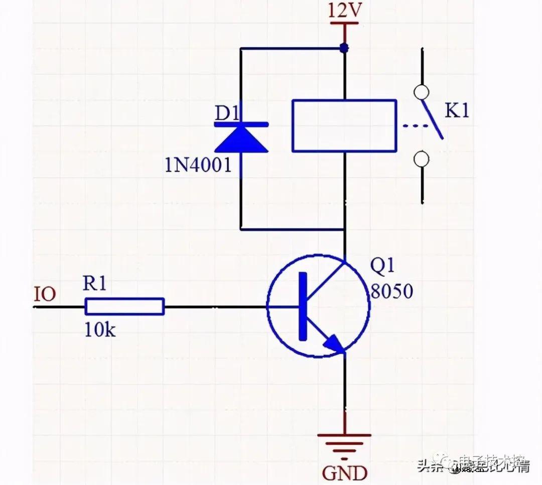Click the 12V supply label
[x=344, y=11]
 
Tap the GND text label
[x=344, y=472]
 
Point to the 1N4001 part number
[x=198, y=165]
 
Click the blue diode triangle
[x=241, y=138]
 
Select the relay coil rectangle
[x=344, y=125]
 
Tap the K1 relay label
[x=457, y=111]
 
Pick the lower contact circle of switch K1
[x=421, y=159]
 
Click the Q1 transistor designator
[x=382, y=268]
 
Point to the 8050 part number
[x=391, y=291]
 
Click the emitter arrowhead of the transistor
[x=334, y=344]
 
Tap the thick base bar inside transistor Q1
[x=302, y=306]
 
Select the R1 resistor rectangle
[x=124, y=306]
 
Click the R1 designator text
[x=95, y=284]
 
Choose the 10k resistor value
[x=100, y=330]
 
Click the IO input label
[x=45, y=294]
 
